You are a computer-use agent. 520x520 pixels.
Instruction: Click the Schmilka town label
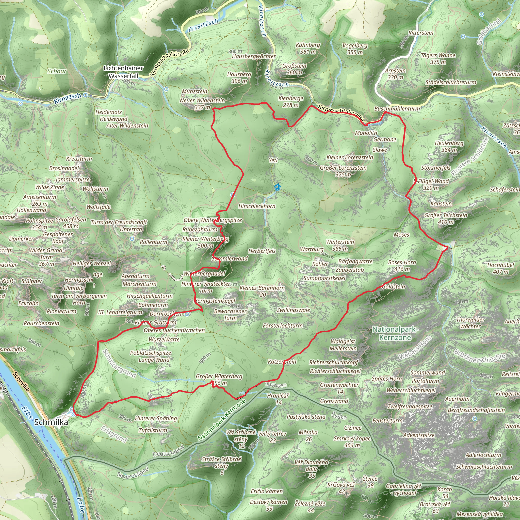point(51,422)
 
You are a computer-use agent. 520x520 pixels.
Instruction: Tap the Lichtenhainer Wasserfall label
point(123,72)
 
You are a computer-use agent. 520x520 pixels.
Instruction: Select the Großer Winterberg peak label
point(219,376)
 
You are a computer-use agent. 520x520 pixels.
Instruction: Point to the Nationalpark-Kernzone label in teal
point(395,333)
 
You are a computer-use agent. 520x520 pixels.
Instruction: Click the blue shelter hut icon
point(277,187)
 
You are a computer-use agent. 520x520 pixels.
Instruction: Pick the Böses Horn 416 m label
point(402,266)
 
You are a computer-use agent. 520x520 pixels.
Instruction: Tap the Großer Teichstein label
point(446,215)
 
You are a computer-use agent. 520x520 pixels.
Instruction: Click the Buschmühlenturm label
point(397,108)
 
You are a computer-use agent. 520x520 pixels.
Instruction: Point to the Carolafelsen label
point(71,220)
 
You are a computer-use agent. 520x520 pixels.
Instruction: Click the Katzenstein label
point(282,362)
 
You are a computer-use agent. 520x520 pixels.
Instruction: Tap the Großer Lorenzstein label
point(343,168)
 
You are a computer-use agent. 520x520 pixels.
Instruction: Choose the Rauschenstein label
point(41,323)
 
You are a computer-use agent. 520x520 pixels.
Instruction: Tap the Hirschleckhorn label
point(257,206)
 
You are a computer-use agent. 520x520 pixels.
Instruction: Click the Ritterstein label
point(421,33)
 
